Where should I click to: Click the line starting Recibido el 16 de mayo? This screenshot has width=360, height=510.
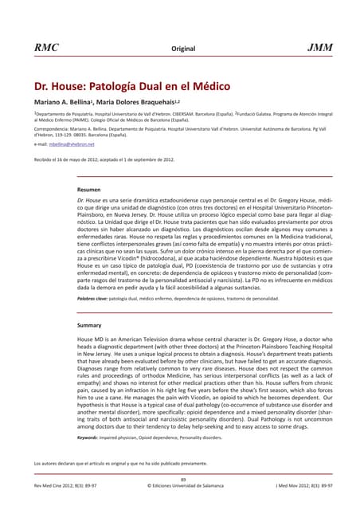tap(104, 159)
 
